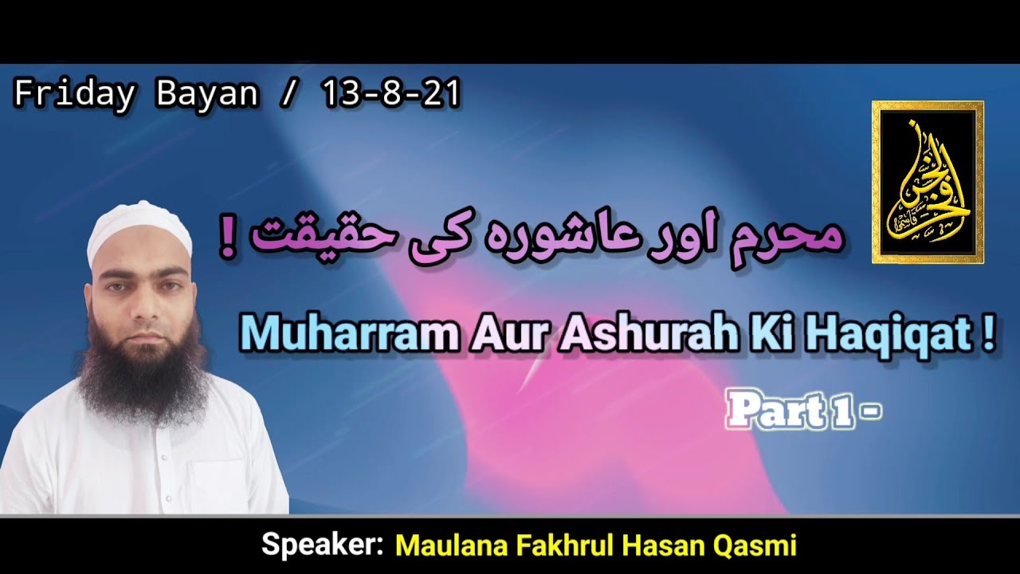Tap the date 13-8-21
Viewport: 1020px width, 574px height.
coord(391,94)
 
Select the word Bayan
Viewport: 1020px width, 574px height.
coord(207,94)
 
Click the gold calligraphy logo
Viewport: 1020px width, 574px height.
coord(928,182)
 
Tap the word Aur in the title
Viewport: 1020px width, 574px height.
coord(493,338)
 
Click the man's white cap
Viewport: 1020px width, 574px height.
coord(139,231)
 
